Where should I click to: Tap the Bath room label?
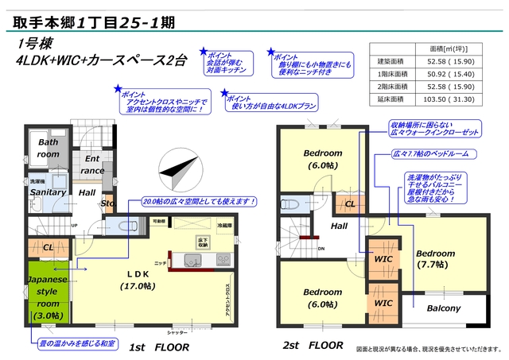[x=48, y=148]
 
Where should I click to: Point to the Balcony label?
[x=444, y=308]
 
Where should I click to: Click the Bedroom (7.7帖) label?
[x=435, y=259]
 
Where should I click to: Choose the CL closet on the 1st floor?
[x=48, y=247]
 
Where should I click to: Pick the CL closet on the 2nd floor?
[x=350, y=204]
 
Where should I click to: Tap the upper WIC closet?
[x=383, y=258]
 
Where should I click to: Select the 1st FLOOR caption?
[x=160, y=346]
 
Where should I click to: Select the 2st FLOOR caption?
[x=313, y=346]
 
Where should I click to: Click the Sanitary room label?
[x=48, y=192]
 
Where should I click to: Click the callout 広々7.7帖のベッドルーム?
[x=436, y=151]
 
